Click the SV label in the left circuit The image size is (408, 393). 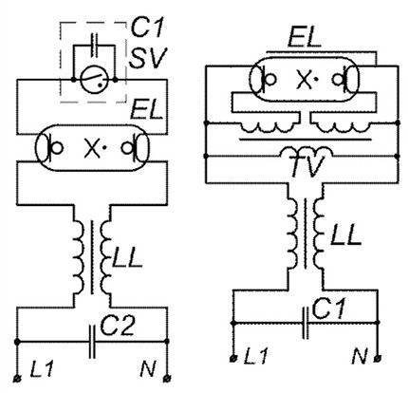point(147,65)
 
